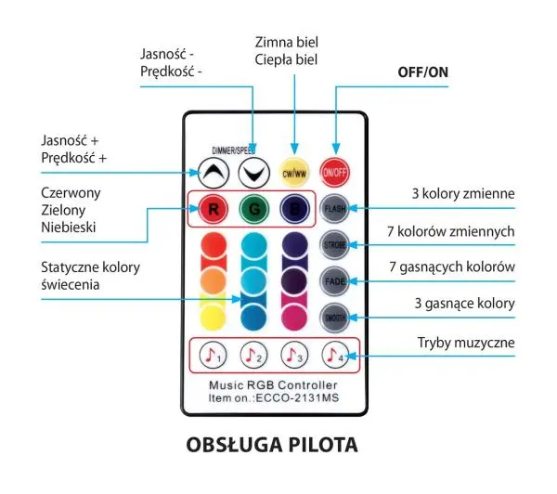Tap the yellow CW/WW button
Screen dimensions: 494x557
(293, 172)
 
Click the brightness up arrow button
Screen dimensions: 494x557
(212, 172)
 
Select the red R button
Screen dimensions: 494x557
(213, 208)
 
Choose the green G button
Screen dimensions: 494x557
(253, 208)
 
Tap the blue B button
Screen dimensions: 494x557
(294, 208)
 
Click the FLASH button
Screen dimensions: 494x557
(334, 208)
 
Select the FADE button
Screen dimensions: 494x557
(334, 280)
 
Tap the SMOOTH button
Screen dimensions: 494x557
(334, 318)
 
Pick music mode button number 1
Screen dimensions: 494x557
(213, 355)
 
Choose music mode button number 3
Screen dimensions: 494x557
(293, 355)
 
